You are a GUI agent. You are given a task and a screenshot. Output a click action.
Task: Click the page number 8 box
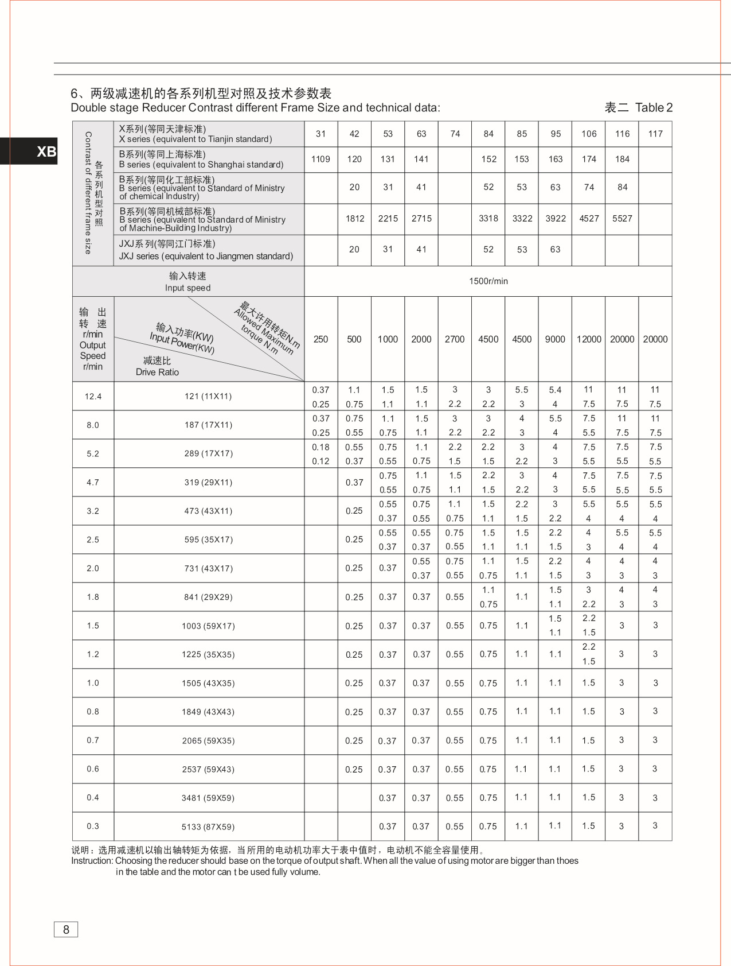pos(66,930)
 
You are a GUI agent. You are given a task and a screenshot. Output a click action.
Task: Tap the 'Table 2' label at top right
pos(654,107)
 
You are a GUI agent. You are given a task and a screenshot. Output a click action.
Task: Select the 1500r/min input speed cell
pos(488,281)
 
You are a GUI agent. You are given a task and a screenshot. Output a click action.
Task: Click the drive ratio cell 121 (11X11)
pos(208,396)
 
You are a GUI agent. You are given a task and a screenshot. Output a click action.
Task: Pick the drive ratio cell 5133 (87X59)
pos(208,827)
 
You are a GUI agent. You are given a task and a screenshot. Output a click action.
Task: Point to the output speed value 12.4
pos(93,396)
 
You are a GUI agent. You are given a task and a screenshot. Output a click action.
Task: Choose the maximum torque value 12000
pos(589,339)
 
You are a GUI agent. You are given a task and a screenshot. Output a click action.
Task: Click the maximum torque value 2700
pos(455,339)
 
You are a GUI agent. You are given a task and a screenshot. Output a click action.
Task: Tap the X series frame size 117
pos(655,134)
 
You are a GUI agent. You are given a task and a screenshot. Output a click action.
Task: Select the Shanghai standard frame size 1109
pos(320,159)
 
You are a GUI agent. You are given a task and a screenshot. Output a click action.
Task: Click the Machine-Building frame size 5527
pos(622,218)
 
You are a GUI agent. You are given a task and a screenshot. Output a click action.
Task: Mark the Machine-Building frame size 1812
pos(355,218)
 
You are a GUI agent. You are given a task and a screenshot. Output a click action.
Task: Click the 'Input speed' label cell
pos(188,281)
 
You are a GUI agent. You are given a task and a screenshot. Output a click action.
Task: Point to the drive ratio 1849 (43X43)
pos(208,712)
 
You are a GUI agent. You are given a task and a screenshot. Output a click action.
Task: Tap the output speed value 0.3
pos(93,827)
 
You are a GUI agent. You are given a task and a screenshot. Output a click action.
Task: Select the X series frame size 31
pos(320,134)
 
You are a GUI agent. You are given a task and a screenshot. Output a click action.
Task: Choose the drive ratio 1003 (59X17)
pos(208,626)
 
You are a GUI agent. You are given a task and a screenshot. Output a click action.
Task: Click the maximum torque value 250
pos(320,339)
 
